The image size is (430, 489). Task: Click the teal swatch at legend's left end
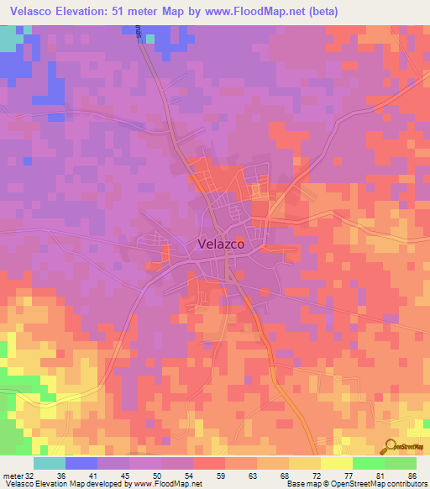click(x=49, y=463)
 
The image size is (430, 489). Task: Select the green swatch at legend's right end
click(x=400, y=463)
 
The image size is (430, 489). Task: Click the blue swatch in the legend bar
click(x=81, y=463)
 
